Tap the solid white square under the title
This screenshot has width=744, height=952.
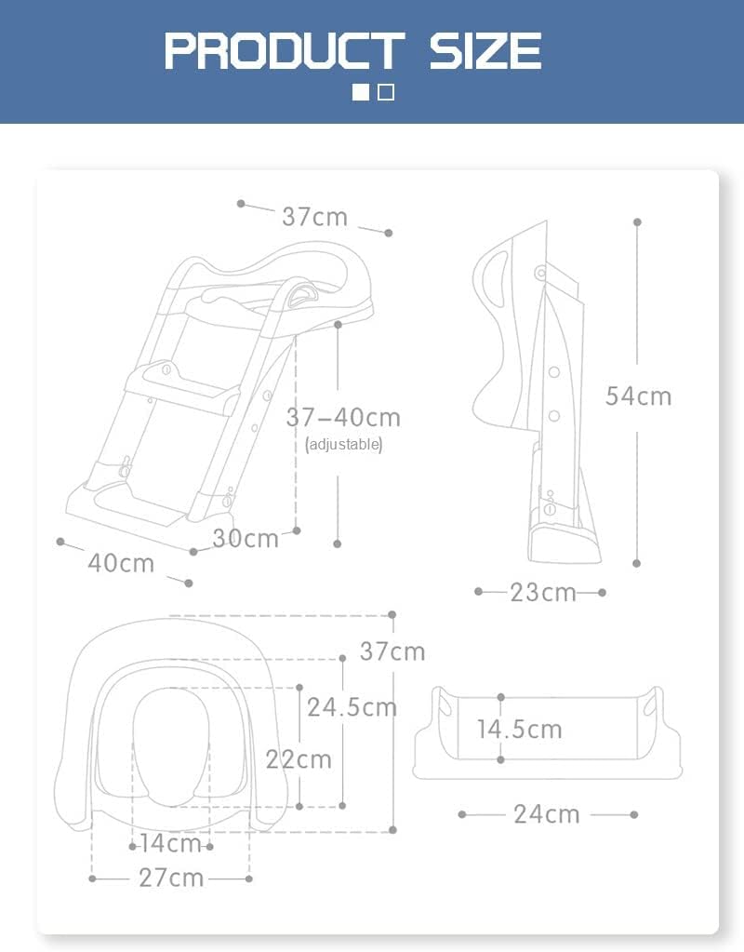pyautogui.click(x=361, y=92)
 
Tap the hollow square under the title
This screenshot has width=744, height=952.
pyautogui.click(x=386, y=92)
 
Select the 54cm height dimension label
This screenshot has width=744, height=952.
pyautogui.click(x=639, y=396)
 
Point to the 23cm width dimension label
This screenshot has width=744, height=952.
pyautogui.click(x=543, y=593)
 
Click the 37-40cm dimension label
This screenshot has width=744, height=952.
pyautogui.click(x=343, y=418)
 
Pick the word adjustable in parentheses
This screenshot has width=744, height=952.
pyautogui.click(x=343, y=445)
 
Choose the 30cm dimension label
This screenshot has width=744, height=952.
pyautogui.click(x=246, y=539)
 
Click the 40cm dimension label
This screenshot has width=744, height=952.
pyautogui.click(x=122, y=563)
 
